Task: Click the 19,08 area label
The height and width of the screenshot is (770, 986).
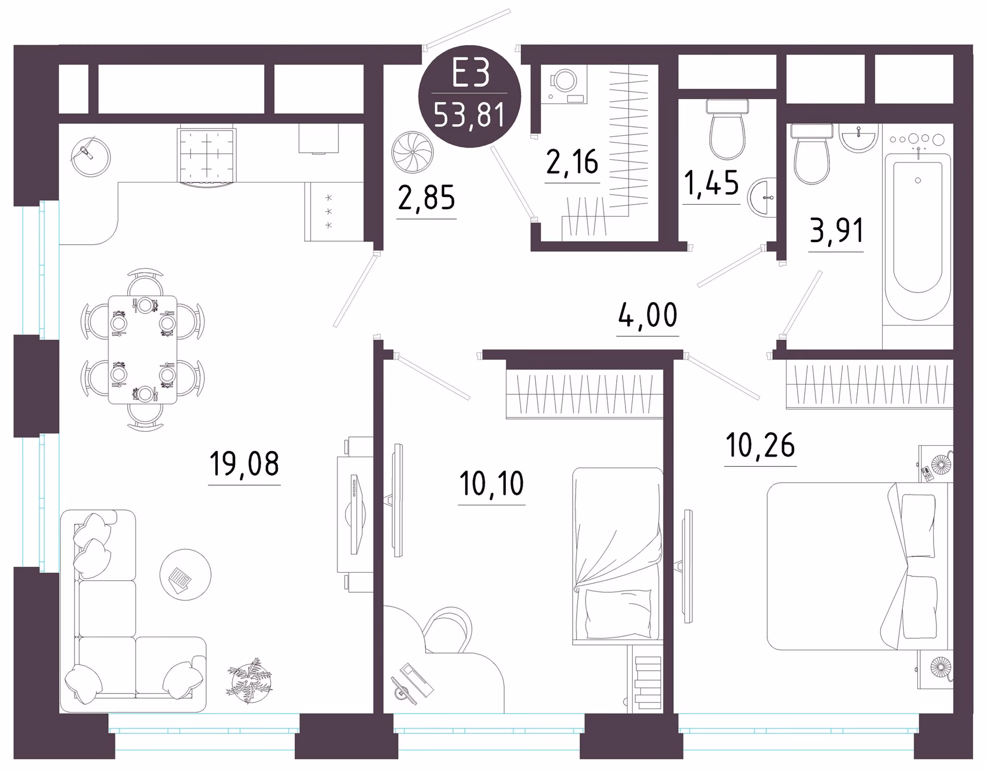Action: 244,463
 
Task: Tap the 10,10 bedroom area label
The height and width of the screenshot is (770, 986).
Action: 491,484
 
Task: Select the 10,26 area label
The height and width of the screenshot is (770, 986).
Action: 761,445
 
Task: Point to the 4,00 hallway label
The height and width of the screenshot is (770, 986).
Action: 648,315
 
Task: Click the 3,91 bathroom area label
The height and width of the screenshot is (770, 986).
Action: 837,230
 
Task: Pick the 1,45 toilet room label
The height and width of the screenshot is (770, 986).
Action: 711,184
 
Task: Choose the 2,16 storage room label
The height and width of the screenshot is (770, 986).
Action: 572,162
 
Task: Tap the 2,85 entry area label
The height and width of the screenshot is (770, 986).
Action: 426,198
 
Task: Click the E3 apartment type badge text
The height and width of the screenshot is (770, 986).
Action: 470,74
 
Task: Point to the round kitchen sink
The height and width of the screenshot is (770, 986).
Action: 91,156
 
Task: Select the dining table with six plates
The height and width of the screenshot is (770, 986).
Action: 143,350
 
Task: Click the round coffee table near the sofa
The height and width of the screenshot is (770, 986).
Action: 185,575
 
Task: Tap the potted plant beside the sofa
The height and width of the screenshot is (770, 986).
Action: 250,680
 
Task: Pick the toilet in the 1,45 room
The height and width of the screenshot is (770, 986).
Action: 727,129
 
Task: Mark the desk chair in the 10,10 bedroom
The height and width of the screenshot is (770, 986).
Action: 447,630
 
